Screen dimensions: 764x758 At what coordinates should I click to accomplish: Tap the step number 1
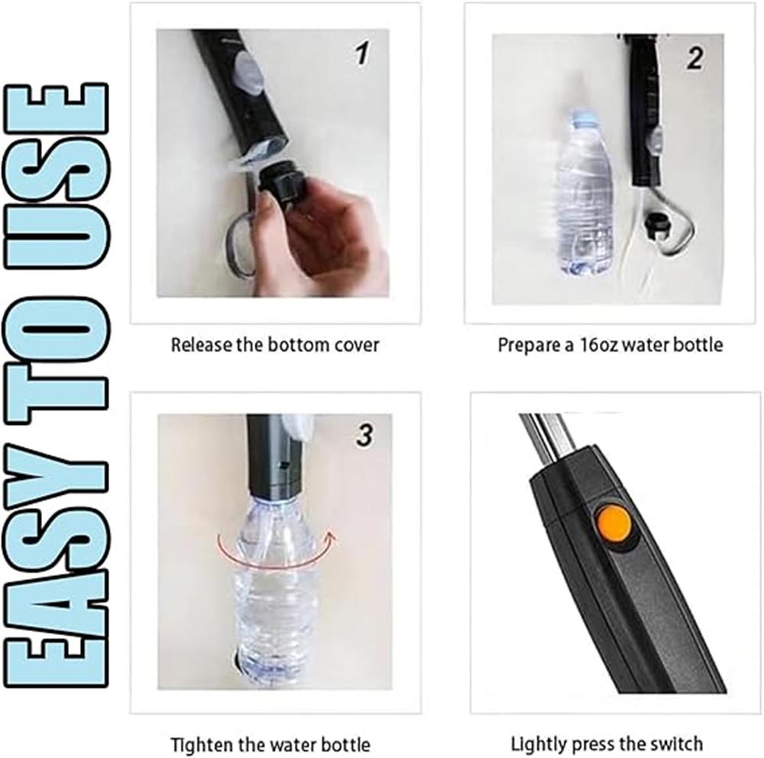(x=362, y=53)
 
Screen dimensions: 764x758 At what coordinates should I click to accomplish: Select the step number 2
(x=695, y=58)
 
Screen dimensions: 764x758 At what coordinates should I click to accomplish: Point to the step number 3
(x=364, y=436)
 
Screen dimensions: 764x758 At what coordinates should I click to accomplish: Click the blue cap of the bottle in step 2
(x=584, y=117)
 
